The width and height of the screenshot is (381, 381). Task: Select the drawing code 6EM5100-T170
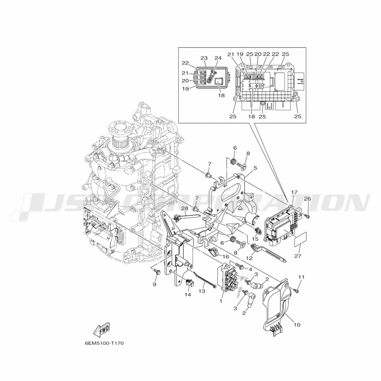pos(104,343)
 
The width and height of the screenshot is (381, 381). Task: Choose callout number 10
pos(297,325)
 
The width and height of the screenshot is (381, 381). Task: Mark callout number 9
pos(155,285)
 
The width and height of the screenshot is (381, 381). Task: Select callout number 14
pos(187,295)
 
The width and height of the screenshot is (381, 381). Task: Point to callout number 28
pos(184,208)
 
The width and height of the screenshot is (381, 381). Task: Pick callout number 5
pos(255,168)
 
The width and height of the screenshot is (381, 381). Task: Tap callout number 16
pos(226,257)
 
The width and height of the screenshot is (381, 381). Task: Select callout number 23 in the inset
pos(204,58)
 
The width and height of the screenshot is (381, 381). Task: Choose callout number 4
pos(250,269)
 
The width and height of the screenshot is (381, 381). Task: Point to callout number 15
pos(255,239)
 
